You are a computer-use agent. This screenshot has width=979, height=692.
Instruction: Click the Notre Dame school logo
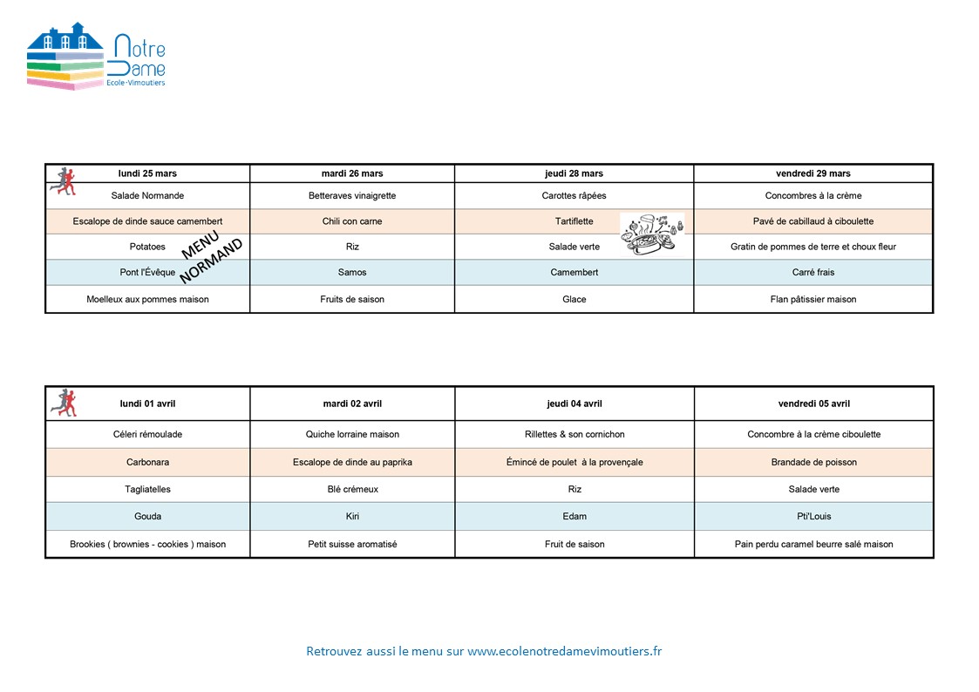click(x=96, y=57)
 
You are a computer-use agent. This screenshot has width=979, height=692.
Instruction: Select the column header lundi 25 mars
click(x=147, y=173)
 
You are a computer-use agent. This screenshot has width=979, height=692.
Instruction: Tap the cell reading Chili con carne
click(x=352, y=221)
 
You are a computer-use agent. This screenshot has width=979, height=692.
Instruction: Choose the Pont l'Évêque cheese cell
click(x=147, y=273)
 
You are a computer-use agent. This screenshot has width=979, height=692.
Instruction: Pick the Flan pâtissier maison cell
click(x=812, y=299)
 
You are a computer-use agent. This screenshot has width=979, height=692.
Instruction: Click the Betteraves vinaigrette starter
click(x=352, y=196)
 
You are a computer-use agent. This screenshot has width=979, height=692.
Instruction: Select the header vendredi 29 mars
click(x=812, y=173)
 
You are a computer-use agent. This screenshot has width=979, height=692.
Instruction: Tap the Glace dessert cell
click(x=574, y=299)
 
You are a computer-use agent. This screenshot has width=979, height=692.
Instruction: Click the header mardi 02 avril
click(x=352, y=404)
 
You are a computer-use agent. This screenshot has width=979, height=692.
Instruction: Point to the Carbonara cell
click(x=147, y=462)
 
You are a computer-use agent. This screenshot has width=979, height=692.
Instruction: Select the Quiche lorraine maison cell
click(x=352, y=434)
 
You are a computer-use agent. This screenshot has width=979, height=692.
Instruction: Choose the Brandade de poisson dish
click(x=813, y=462)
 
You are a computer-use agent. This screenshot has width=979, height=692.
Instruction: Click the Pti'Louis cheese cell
click(x=813, y=516)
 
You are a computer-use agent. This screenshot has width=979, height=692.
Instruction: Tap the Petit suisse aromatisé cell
click(x=352, y=544)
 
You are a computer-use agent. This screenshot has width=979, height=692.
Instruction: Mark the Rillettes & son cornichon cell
click(x=574, y=434)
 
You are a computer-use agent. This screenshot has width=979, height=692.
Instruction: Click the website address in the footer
click(x=564, y=651)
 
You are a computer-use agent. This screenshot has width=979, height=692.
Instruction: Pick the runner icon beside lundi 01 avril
click(x=64, y=402)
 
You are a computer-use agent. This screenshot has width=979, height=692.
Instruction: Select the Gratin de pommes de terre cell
click(x=812, y=247)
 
